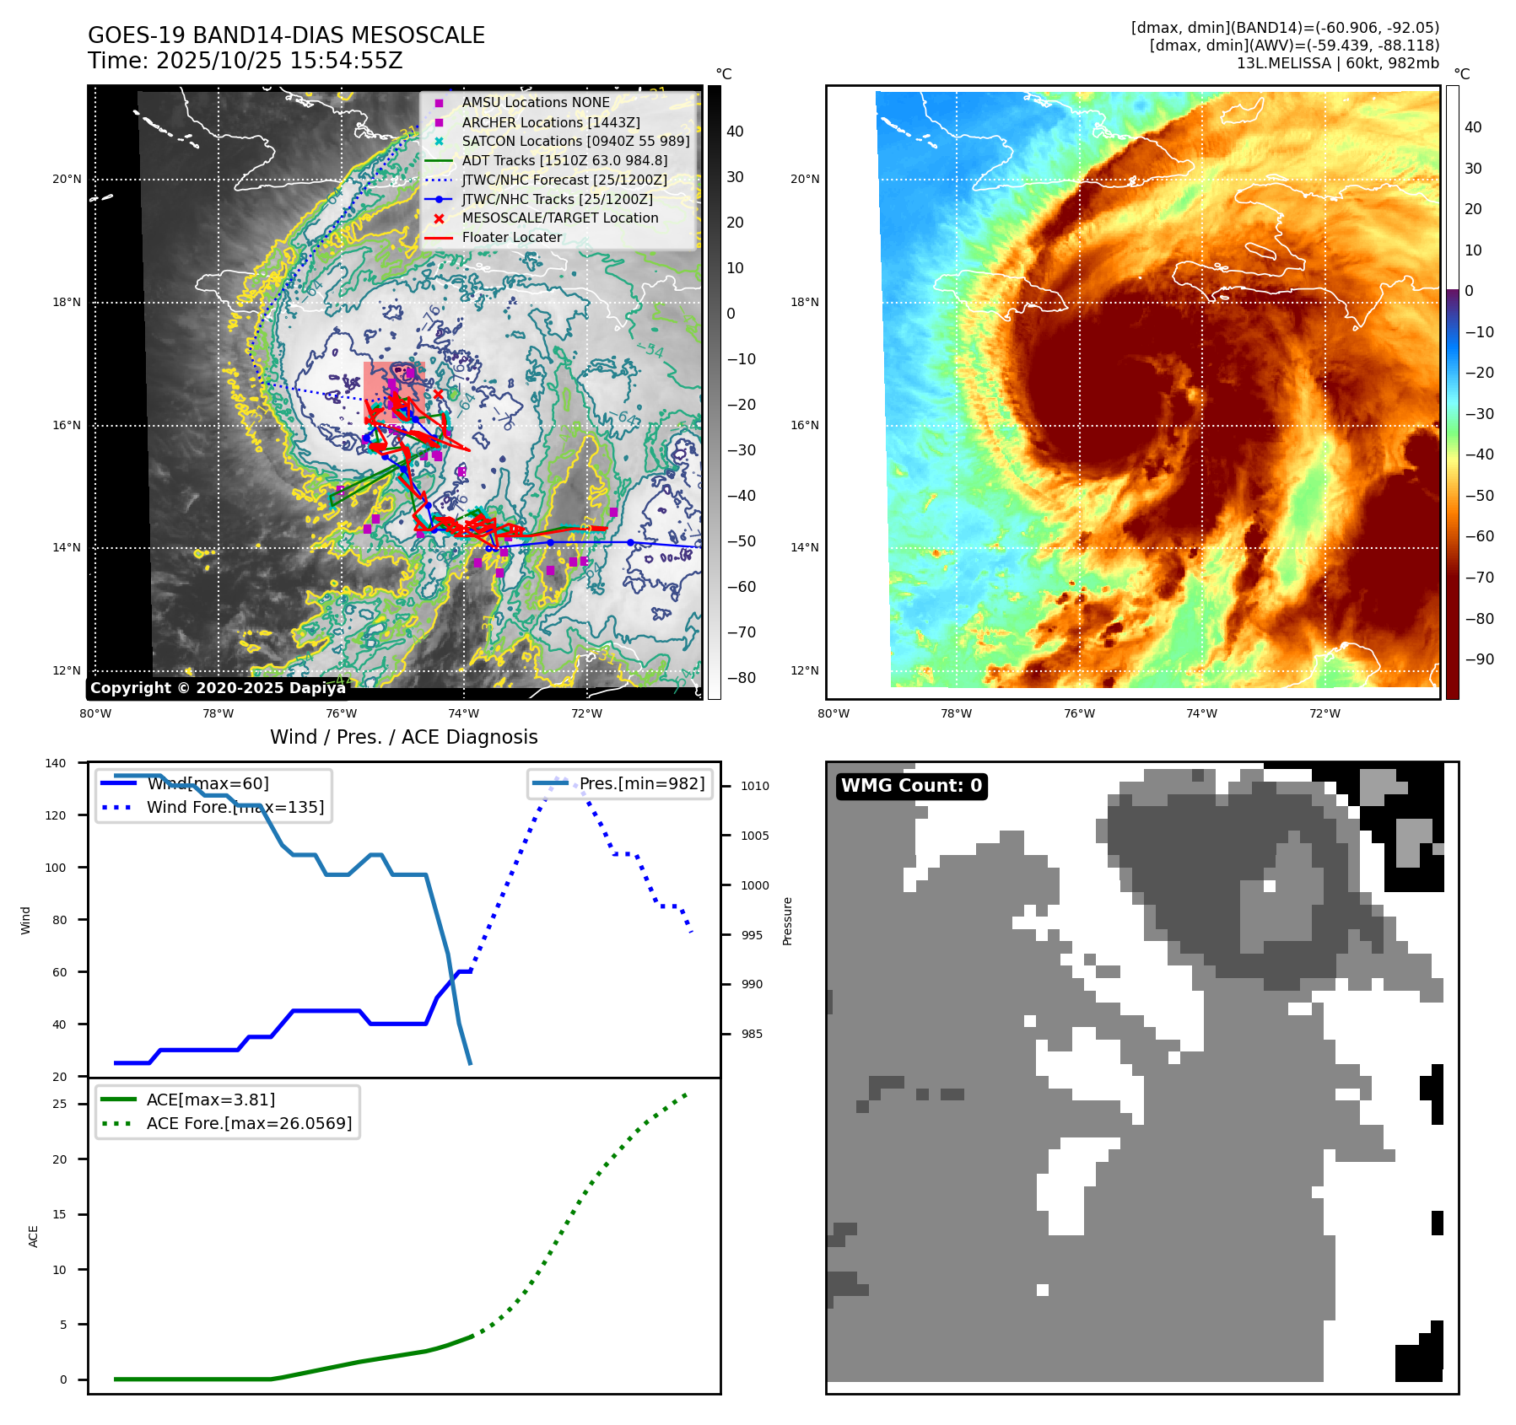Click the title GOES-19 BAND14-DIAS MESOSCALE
tap(286, 35)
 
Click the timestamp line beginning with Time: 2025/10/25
tap(245, 61)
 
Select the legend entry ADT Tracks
tap(564, 160)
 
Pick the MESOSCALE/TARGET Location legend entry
tap(560, 218)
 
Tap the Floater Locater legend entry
tap(511, 237)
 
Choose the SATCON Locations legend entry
tap(575, 141)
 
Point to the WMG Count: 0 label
tap(911, 786)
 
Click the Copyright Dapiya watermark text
tap(218, 688)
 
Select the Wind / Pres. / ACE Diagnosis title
tap(403, 737)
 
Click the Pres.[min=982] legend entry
tap(641, 783)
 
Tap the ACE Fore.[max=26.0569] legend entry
tap(249, 1123)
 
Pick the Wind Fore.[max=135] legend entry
tap(235, 807)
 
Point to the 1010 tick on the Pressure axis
tap(755, 786)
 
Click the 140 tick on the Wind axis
tap(56, 763)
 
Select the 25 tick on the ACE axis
tap(59, 1104)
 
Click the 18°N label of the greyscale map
tap(67, 302)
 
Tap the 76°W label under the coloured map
tap(1079, 713)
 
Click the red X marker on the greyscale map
tap(438, 394)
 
